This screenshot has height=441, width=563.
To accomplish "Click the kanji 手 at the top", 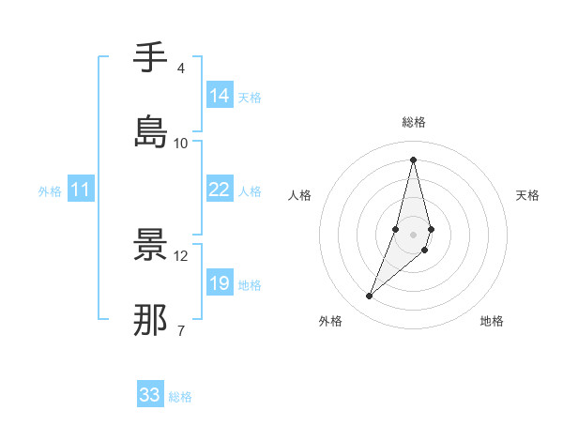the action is tap(150, 58).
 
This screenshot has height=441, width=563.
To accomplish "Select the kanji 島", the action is tap(150, 130).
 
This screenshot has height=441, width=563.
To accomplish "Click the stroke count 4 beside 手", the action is tap(180, 68).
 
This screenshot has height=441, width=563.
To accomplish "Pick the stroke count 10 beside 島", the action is tap(180, 143).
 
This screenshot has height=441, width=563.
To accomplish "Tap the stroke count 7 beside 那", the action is tap(180, 330).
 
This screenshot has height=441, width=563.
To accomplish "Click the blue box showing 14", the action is tap(220, 96).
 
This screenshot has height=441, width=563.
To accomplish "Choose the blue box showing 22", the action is tap(220, 190).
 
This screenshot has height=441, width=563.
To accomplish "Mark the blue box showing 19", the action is tap(220, 283).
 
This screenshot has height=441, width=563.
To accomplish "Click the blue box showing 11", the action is tap(81, 190).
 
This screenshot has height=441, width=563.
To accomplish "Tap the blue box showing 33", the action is tap(150, 395).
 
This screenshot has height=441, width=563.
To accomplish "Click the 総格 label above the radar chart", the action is tap(413, 122).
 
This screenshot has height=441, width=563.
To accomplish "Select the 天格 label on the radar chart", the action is tap(527, 195).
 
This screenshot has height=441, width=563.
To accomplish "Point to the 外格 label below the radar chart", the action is tap(330, 321).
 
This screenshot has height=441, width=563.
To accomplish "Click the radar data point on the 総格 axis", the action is tap(413, 160).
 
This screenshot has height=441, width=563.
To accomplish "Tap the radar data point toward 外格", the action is tap(369, 297).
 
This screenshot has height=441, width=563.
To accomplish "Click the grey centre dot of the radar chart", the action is tap(413, 234).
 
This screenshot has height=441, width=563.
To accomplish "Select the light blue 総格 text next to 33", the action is tap(180, 397).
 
